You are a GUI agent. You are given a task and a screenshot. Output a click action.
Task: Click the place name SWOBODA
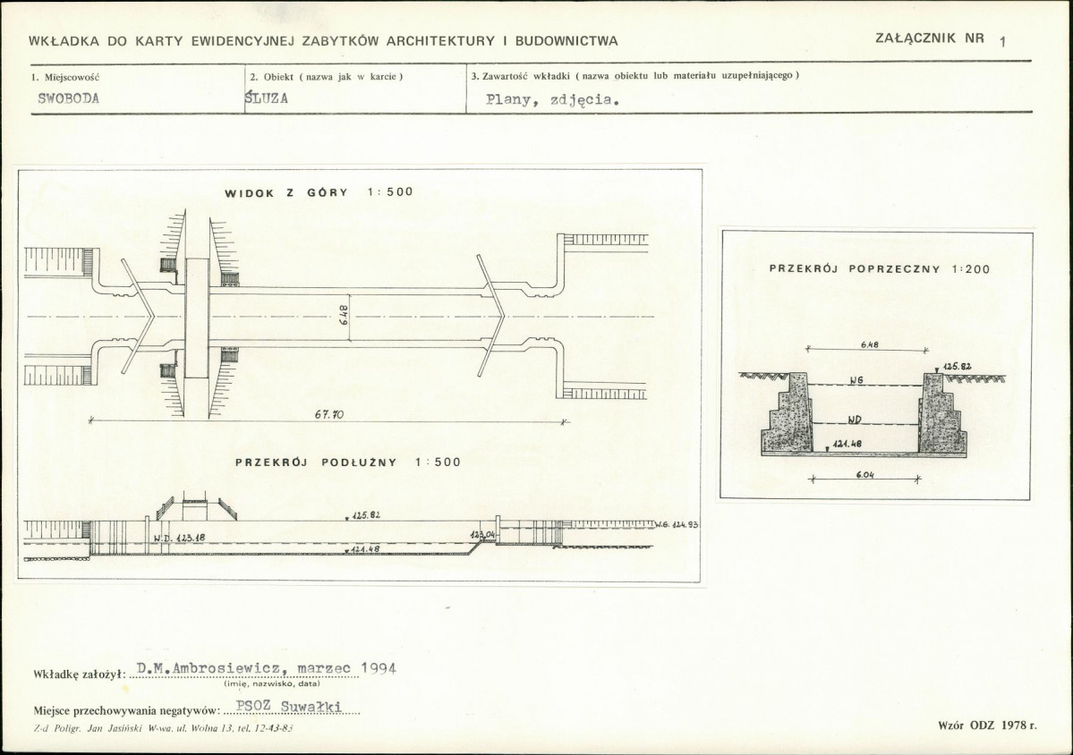68,98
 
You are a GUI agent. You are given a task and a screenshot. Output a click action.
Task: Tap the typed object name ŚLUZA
266,98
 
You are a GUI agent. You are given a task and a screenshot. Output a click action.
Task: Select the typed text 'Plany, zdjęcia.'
553,100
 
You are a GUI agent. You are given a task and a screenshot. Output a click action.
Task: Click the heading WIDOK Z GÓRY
286,193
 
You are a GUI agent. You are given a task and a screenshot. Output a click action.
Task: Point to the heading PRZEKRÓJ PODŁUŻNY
316,462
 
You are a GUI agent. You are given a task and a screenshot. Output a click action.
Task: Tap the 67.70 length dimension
329,414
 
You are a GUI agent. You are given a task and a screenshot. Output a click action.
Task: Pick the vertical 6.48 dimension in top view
344,315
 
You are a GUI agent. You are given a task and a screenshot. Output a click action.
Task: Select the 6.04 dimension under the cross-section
865,475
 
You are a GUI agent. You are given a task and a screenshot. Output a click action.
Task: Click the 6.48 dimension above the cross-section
869,344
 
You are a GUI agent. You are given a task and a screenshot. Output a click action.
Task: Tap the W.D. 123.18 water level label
179,539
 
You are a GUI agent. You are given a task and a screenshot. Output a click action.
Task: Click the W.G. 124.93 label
676,524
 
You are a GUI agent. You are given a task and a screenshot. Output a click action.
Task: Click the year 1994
379,668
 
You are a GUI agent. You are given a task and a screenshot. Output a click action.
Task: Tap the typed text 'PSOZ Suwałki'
288,707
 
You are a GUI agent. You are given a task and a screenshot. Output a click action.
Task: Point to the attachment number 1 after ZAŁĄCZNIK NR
1002,42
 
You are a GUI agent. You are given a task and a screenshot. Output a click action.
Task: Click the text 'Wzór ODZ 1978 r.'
987,725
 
